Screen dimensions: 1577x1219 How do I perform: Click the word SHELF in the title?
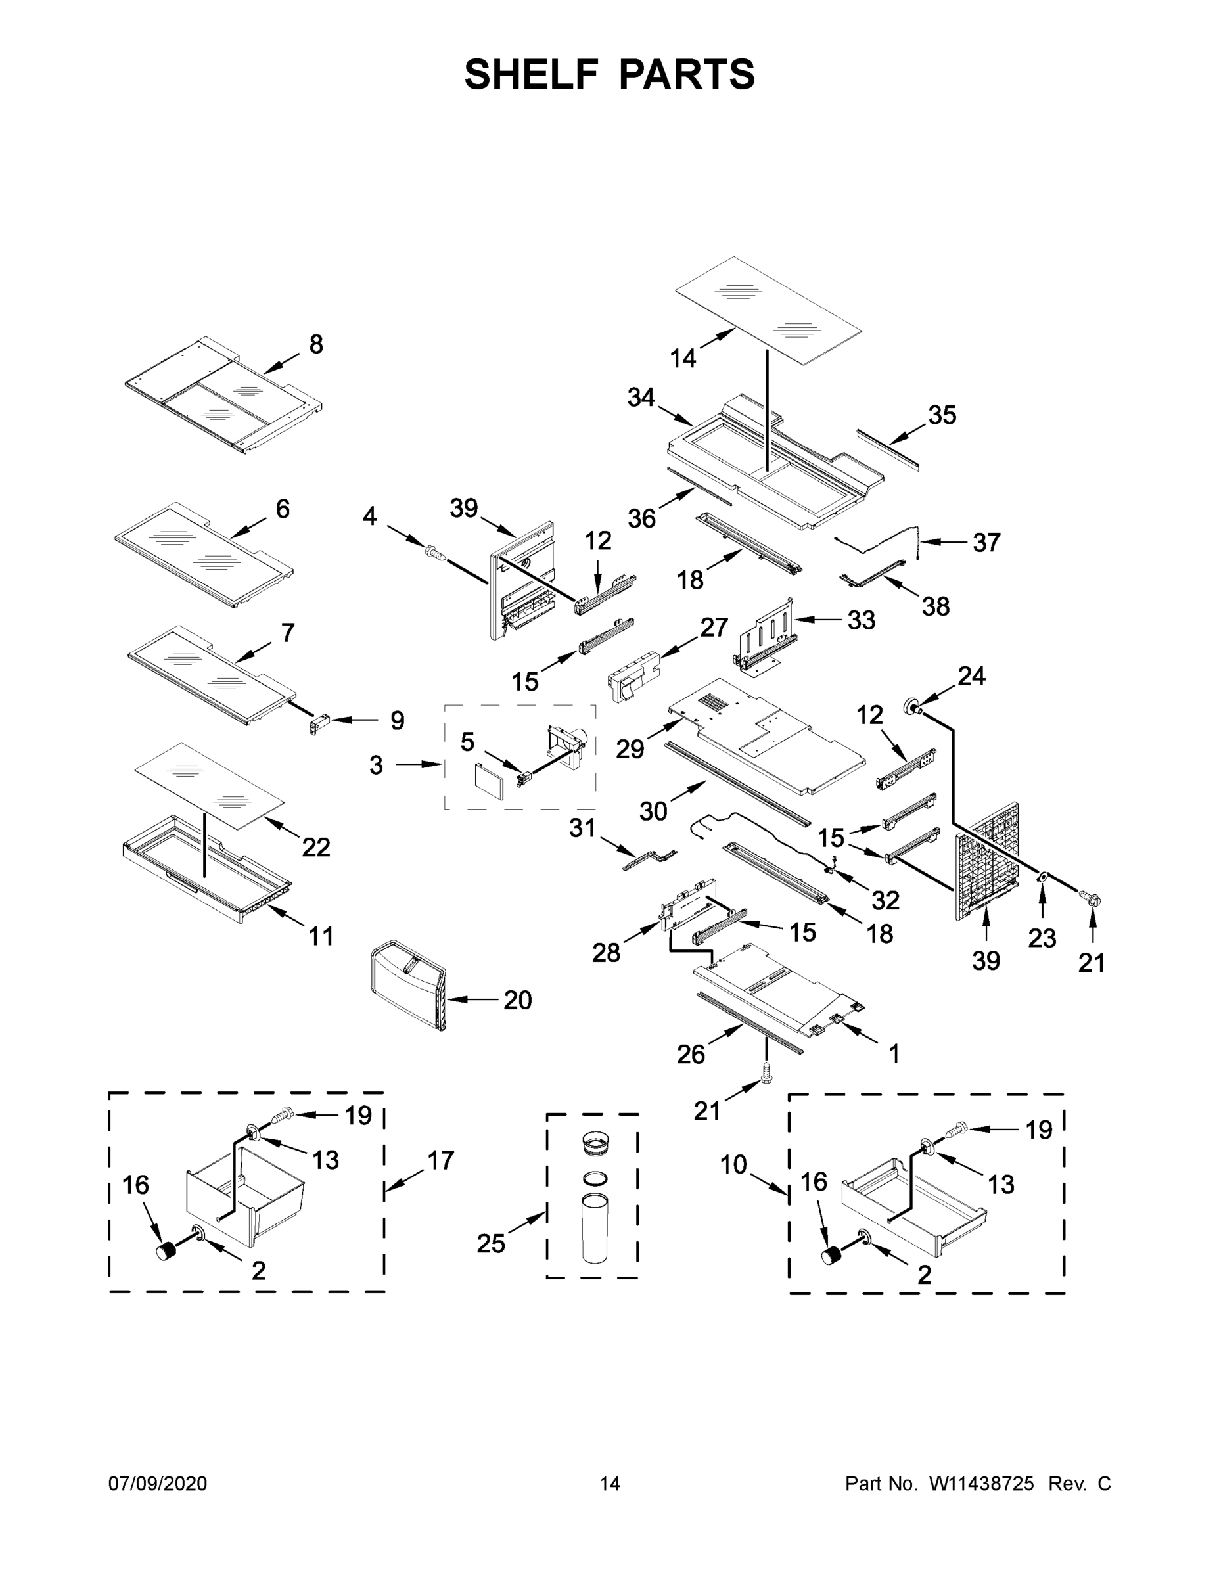[532, 74]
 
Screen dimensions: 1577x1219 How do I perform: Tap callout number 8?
[315, 344]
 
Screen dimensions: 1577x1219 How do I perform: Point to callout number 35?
[942, 415]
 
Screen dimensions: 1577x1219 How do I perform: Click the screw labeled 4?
[434, 553]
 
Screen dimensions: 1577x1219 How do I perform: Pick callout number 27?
[714, 627]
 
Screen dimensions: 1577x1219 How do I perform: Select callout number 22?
[315, 847]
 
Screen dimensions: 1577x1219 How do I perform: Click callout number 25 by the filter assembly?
[491, 1243]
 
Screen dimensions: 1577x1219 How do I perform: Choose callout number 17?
[440, 1160]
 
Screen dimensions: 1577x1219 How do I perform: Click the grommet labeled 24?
[911, 706]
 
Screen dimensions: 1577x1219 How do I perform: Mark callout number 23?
[1042, 938]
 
